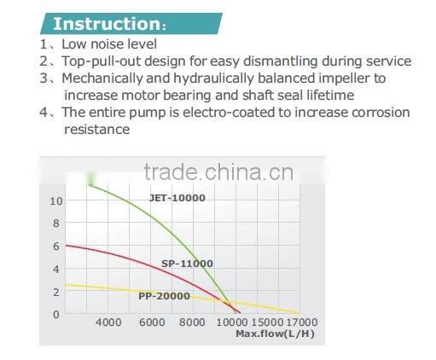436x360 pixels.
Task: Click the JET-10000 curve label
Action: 177,198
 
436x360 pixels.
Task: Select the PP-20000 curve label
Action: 164,297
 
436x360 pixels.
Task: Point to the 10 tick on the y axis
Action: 55,200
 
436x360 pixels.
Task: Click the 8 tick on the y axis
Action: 56,224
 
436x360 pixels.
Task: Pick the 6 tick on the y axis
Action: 56,246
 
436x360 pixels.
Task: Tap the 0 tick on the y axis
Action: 56,314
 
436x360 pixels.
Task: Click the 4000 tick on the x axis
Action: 108,322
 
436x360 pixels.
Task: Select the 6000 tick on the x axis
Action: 152,322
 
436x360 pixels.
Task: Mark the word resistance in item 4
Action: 96,130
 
